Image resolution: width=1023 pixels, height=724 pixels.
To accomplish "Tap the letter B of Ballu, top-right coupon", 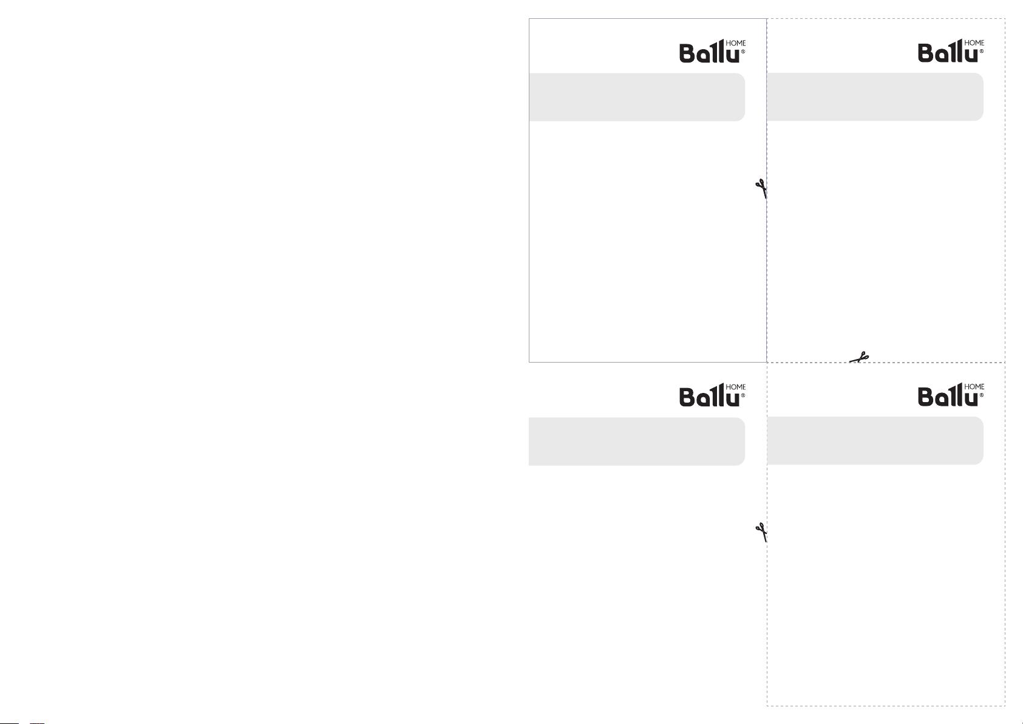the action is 926,53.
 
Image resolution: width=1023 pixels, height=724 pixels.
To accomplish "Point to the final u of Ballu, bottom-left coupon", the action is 733,400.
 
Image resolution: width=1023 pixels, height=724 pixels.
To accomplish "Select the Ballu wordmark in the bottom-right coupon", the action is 948,395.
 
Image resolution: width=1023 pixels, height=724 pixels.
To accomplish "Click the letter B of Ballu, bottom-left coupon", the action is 688,397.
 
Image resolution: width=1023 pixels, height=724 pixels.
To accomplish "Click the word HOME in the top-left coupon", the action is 736,43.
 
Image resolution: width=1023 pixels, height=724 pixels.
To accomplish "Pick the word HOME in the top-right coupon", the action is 974,43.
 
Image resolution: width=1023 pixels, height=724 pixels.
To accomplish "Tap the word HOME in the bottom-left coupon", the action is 736,387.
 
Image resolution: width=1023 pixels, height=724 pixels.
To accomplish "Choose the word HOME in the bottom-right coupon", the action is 974,386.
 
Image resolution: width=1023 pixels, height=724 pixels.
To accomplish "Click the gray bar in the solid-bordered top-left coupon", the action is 637,97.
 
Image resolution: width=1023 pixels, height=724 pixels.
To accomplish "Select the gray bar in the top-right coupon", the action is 875,97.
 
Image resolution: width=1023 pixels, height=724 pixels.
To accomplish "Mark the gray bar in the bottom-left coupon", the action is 637,441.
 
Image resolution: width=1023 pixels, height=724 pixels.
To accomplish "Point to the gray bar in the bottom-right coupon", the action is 875,441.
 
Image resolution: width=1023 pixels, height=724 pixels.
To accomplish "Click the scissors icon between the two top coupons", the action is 761,189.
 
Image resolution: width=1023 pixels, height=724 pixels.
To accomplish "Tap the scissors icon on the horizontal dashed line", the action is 859,357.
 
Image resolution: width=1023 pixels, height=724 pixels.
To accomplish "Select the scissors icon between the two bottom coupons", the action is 761,533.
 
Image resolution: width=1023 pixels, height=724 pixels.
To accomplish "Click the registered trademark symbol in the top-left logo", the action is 743,52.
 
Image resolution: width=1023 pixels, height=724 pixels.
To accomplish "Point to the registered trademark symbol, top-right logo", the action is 982,51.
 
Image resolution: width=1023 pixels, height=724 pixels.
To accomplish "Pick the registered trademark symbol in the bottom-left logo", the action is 743,395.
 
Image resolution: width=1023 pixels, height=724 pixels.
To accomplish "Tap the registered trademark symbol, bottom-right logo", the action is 982,395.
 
